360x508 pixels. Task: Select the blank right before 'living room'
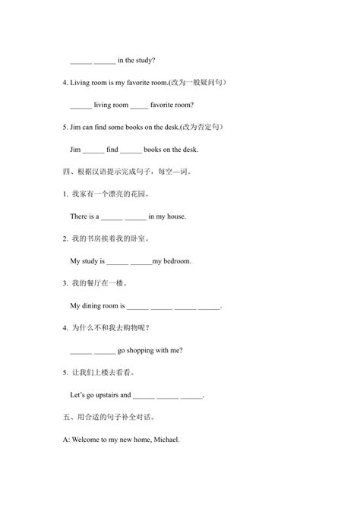(81, 106)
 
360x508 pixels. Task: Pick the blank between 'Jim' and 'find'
(94, 150)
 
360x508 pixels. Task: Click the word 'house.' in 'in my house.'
(175, 216)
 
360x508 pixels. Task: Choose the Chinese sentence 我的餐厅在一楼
(98, 283)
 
